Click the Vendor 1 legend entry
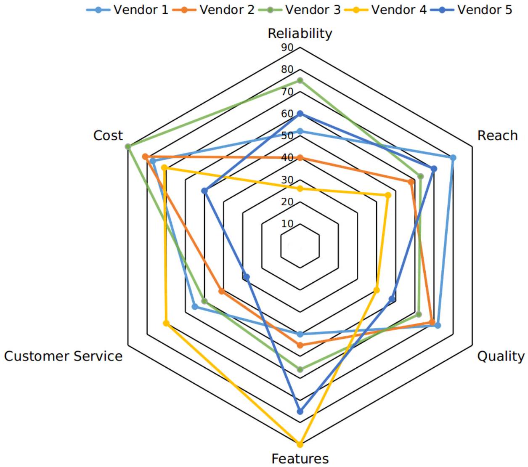(x=127, y=10)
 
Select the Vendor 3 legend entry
(x=300, y=10)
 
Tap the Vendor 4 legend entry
(x=385, y=10)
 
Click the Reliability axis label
(x=300, y=33)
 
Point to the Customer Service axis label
(x=63, y=356)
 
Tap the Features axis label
(x=300, y=458)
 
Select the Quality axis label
(x=501, y=356)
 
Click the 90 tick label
(x=287, y=48)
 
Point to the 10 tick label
(x=287, y=223)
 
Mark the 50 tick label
(x=287, y=135)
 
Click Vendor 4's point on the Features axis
(x=300, y=444)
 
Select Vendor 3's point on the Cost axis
(x=128, y=146)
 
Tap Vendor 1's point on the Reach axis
(x=453, y=158)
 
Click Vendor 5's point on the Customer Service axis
(x=247, y=277)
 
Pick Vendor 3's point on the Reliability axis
(x=300, y=80)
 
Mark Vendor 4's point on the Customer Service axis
(x=166, y=323)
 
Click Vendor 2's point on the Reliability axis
(x=300, y=158)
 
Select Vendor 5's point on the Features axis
(x=300, y=411)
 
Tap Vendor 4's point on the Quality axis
(x=377, y=290)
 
